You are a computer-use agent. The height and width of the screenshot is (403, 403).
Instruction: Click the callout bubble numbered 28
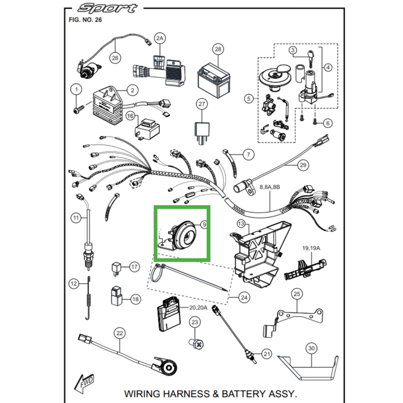(x=218, y=49)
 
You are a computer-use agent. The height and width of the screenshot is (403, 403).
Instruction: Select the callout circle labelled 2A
(x=160, y=38)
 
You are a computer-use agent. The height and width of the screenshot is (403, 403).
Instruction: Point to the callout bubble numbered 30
(x=311, y=349)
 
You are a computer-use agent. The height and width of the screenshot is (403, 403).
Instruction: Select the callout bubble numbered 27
(x=201, y=104)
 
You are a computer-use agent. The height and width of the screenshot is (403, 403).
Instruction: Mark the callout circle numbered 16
(x=130, y=117)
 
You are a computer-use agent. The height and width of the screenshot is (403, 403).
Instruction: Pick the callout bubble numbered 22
(x=119, y=333)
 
